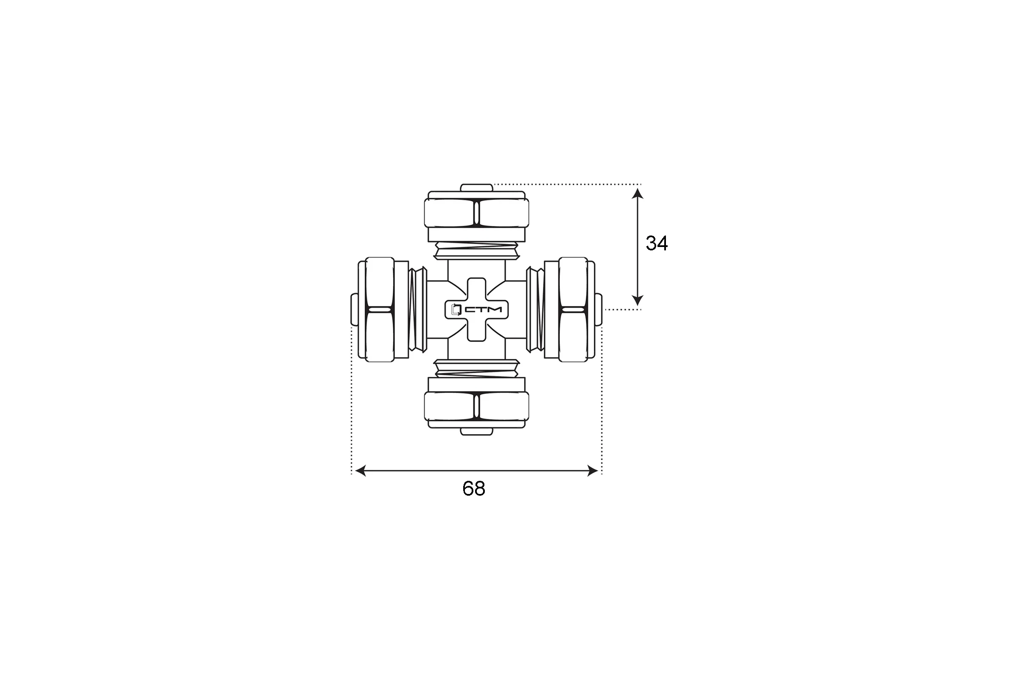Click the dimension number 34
[657, 243]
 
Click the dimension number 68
[474, 488]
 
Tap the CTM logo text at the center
[483, 310]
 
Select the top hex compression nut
[476, 213]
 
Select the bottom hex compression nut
[476, 406]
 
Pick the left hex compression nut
[380, 310]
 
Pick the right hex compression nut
[573, 310]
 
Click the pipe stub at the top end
[476, 188]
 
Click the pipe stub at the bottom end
[476, 431]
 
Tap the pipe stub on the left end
[354, 310]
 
